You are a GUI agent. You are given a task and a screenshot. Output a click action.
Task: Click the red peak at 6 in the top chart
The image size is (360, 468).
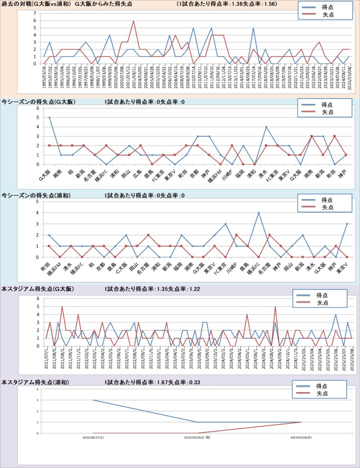coord(134,21)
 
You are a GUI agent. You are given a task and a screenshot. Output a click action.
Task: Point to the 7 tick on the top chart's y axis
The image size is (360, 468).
coord(35,13)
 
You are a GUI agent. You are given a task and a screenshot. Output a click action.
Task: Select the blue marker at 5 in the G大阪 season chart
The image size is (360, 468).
coord(49,117)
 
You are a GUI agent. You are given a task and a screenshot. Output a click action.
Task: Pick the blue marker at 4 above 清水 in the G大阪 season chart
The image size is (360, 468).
coord(266,127)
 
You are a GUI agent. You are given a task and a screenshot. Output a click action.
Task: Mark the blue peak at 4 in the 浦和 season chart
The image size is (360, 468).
coord(258,213)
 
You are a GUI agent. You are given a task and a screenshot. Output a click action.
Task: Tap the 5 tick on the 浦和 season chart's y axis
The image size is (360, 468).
coord(37,202)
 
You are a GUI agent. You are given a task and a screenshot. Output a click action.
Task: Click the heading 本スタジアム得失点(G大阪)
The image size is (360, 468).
coord(38,289)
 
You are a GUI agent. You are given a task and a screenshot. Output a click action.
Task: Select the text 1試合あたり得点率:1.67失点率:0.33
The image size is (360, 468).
coord(152,382)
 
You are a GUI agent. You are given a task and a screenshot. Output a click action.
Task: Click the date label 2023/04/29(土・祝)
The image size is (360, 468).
coord(197,438)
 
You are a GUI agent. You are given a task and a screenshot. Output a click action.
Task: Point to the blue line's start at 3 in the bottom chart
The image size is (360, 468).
coord(93,400)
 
